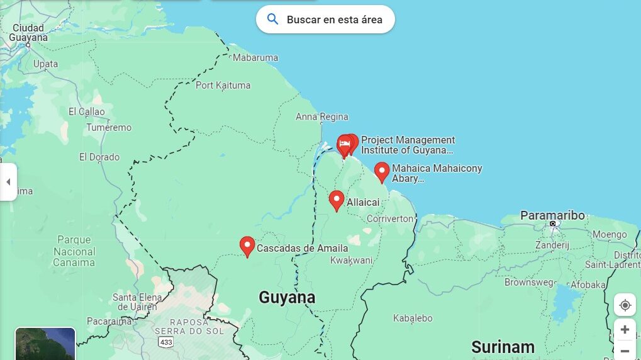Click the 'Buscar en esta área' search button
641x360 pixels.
tap(325, 20)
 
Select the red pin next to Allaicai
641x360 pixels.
tap(337, 200)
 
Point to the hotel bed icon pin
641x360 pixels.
tap(344, 145)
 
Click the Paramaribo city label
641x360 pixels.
tap(552, 215)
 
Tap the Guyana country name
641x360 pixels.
tap(287, 297)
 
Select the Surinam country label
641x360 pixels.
tap(503, 347)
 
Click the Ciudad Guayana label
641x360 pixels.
tap(28, 33)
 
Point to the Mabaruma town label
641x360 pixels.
tap(255, 58)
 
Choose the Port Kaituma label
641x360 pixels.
tap(223, 85)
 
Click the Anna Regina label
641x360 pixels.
tap(321, 117)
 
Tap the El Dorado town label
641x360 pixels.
tap(99, 157)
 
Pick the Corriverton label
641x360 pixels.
tap(390, 218)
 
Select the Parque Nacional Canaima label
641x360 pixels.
tap(74, 251)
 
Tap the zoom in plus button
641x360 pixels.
tap(625, 330)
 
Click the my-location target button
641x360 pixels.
tap(625, 305)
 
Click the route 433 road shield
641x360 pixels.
tap(166, 342)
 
